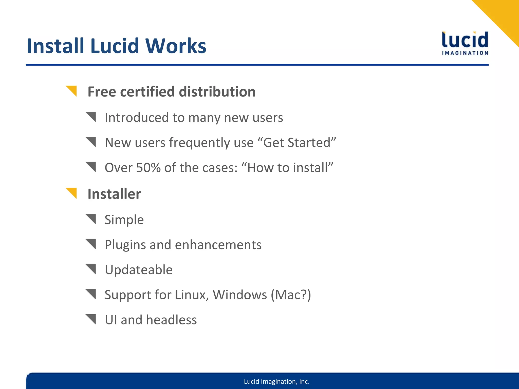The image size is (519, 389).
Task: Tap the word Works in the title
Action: point(176,46)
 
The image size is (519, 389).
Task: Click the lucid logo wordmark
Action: point(465,40)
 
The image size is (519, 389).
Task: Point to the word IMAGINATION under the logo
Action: point(465,53)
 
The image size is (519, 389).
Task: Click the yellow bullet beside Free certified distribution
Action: point(71,91)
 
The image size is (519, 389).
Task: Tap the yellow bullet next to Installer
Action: point(71,193)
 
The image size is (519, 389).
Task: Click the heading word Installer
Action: point(114,194)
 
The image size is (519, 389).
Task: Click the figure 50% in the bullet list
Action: point(148,168)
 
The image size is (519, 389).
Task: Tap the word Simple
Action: point(124,220)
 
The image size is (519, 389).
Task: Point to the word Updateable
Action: point(139,270)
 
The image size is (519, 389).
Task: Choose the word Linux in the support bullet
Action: point(192,295)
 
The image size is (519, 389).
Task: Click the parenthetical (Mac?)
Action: point(291,295)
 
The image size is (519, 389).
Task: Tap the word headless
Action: point(171,320)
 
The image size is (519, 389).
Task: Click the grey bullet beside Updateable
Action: point(91,269)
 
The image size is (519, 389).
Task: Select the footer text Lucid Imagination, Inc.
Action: point(277,381)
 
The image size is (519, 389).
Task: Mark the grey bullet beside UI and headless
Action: point(91,319)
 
